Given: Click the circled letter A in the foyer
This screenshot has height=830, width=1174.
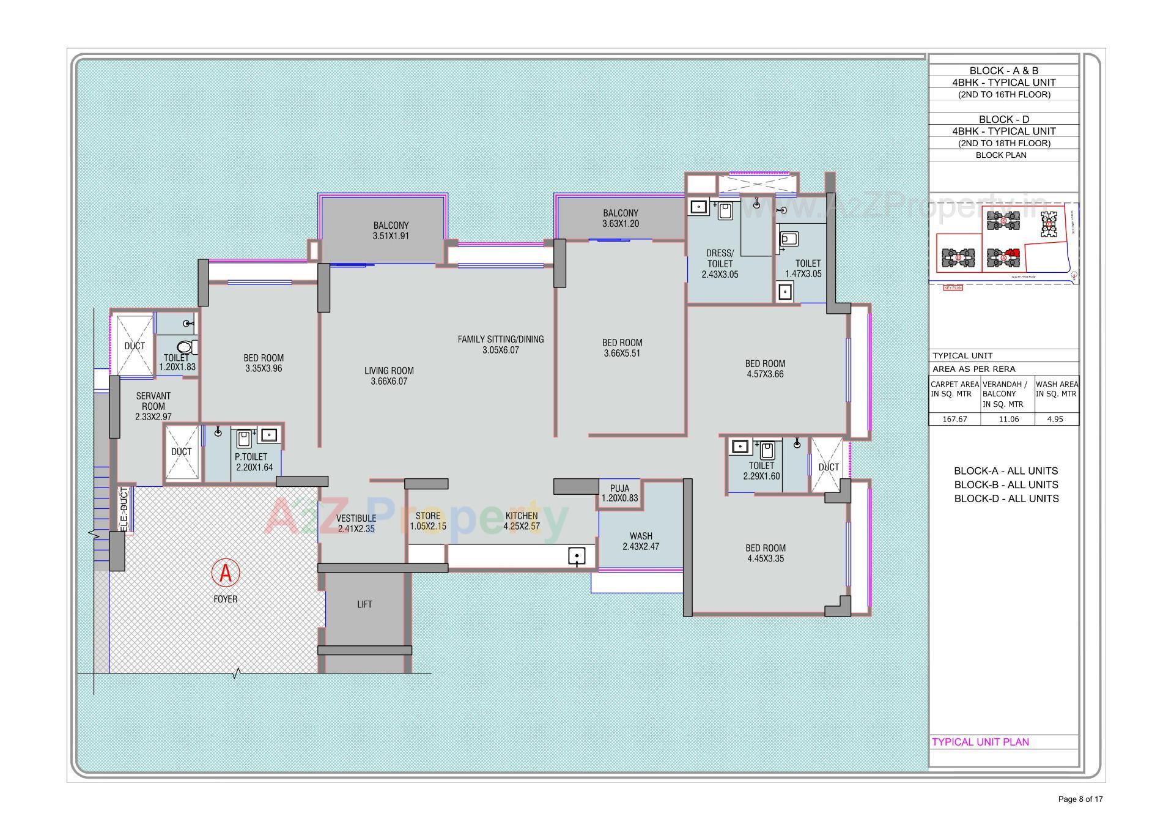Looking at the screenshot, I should pos(226,573).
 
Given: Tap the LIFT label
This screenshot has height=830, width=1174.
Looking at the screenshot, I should pos(364,604).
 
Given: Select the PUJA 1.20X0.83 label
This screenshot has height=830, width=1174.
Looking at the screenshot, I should pos(619,494).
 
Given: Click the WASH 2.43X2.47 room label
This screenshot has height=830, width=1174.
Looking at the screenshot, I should pos(641,541).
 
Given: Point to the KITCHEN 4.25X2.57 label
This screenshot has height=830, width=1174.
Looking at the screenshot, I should pos(522,521).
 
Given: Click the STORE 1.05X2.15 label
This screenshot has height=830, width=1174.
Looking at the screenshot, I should pos(428,521).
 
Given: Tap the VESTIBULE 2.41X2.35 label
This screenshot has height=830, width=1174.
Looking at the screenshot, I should pos(356,524).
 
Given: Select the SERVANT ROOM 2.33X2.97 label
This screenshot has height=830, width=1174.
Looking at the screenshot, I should pos(153,406).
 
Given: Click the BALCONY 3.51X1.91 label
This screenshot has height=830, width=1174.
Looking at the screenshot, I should pos(391,231).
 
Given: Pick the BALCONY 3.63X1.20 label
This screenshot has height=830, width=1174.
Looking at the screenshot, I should pos(621,218).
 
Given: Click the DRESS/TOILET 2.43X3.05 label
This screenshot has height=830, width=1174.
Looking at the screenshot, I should pos(720,264).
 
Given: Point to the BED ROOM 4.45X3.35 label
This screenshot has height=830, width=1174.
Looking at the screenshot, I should pos(766,553).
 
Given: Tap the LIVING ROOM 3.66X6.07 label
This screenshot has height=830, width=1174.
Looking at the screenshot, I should pos(389,376).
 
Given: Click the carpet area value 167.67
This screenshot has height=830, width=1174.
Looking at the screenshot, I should pos(954,419).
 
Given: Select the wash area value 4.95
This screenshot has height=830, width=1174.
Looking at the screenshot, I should pos(1055,419).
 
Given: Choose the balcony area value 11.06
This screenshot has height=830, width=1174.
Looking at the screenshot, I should pos(1008,419).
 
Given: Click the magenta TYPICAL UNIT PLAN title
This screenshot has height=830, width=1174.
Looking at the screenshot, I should pos(980,742).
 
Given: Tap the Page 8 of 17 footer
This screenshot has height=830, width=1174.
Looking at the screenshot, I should pos(1080,799).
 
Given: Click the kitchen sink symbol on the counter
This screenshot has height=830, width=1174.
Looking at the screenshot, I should pos(577,556).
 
